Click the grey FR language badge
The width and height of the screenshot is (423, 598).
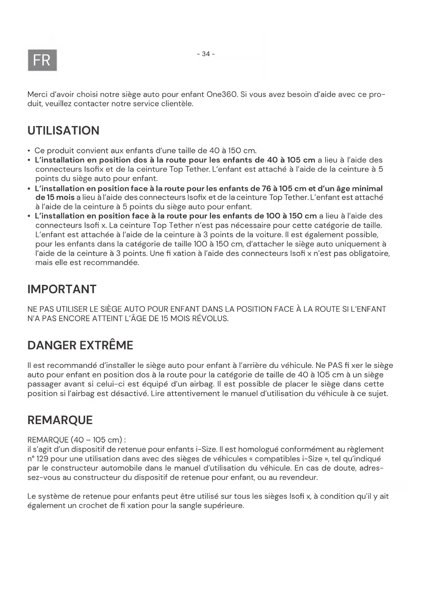click(x=42, y=60)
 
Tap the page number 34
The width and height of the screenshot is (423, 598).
click(x=206, y=54)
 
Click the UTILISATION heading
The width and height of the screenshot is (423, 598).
click(x=63, y=131)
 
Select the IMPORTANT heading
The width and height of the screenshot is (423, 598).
click(x=62, y=289)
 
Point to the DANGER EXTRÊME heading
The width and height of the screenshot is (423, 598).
click(x=80, y=345)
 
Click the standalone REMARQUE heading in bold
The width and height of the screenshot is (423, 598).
click(x=60, y=420)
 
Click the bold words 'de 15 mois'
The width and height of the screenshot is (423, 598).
click(x=55, y=197)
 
